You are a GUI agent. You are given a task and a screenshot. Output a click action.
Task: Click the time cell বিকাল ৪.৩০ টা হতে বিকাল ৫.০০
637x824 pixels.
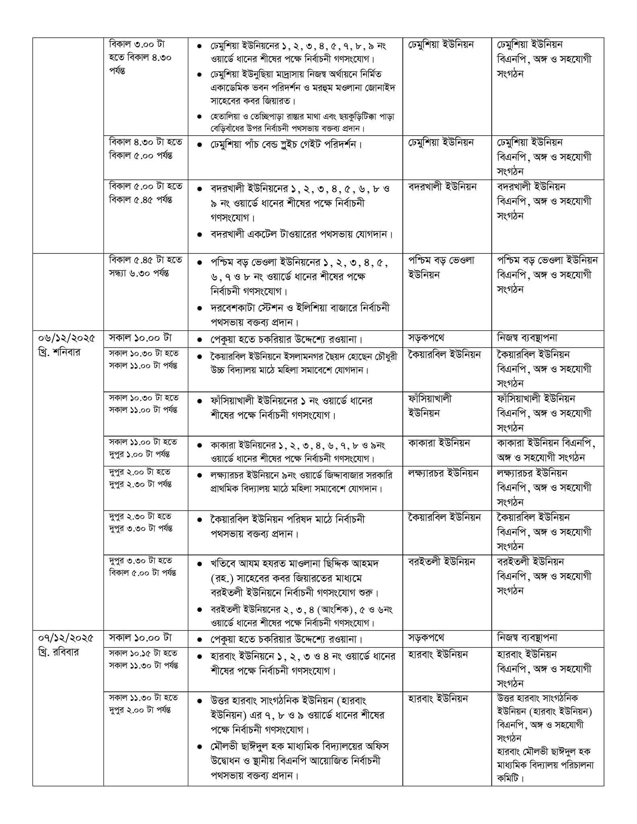coord(145,149)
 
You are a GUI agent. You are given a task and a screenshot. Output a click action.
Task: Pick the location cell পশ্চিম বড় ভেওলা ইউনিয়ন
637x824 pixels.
coord(441,268)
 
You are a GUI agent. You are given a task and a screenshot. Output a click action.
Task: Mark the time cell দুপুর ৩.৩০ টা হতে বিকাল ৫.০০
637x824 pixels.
coord(142,566)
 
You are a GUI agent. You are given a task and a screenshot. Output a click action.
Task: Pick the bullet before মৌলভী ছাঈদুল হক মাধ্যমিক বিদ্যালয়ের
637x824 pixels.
coord(200,747)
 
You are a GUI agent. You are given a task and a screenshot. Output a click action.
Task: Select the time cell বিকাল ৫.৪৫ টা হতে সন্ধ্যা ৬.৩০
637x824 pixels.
coord(145,267)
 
